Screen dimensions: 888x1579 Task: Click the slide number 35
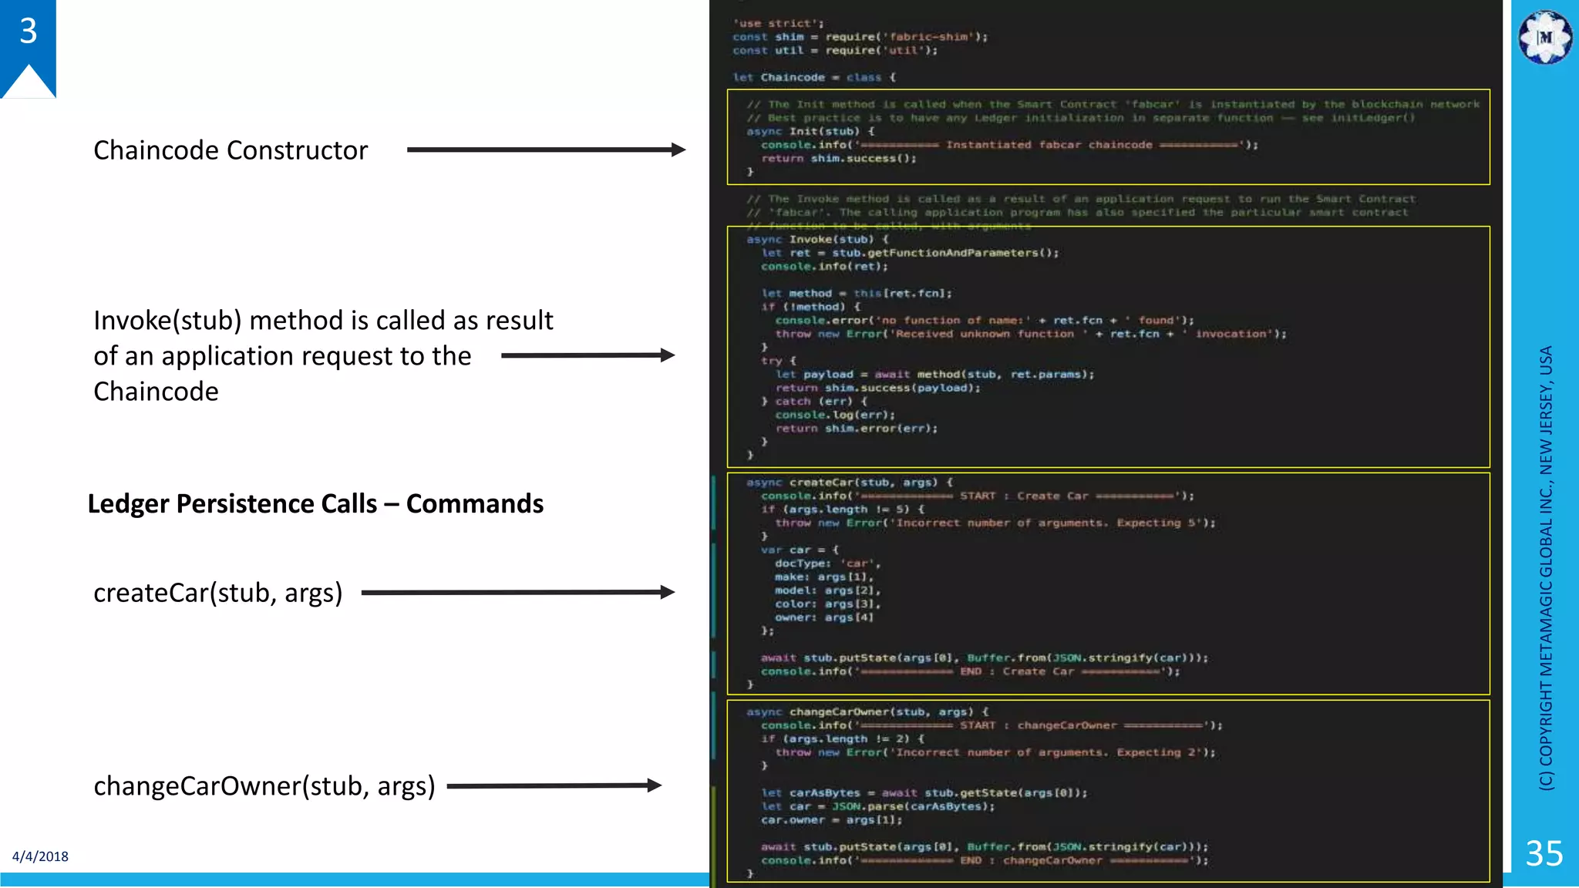click(x=1544, y=853)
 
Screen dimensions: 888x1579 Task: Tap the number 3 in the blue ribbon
click(x=29, y=32)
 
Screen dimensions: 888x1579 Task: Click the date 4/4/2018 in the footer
click(x=40, y=856)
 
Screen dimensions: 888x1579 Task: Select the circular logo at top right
click(x=1545, y=37)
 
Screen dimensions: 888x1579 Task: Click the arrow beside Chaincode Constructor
click(x=546, y=150)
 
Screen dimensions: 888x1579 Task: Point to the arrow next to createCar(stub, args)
click(x=517, y=592)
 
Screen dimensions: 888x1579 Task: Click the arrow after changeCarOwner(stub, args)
click(x=554, y=785)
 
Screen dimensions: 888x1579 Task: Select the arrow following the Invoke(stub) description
click(x=587, y=355)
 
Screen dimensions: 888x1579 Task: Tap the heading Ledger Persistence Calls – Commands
click(x=315, y=503)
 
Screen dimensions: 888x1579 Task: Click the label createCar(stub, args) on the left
click(x=217, y=593)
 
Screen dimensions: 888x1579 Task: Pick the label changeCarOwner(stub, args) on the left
click(x=264, y=786)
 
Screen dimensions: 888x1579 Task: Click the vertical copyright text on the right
click(x=1546, y=567)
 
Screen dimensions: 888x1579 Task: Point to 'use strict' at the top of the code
click(x=778, y=23)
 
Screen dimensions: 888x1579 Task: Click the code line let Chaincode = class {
click(x=813, y=77)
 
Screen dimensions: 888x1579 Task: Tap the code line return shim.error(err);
click(x=857, y=429)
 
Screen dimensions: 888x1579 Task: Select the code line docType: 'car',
click(x=827, y=563)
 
